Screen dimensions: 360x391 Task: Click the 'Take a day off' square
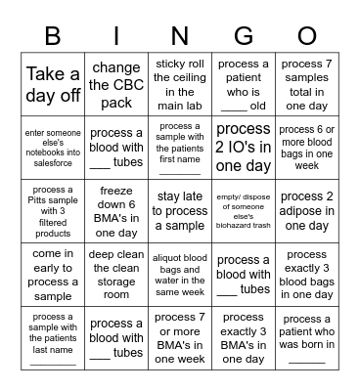pyautogui.click(x=53, y=85)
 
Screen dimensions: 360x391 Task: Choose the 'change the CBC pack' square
pyautogui.click(x=116, y=85)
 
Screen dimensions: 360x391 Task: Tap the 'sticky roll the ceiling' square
pyautogui.click(x=180, y=85)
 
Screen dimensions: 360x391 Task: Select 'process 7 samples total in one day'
pyautogui.click(x=306, y=85)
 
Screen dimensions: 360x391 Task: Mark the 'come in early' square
pyautogui.click(x=53, y=275)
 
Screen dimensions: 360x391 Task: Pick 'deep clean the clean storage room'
pyautogui.click(x=116, y=275)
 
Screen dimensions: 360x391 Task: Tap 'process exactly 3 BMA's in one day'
pyautogui.click(x=244, y=337)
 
